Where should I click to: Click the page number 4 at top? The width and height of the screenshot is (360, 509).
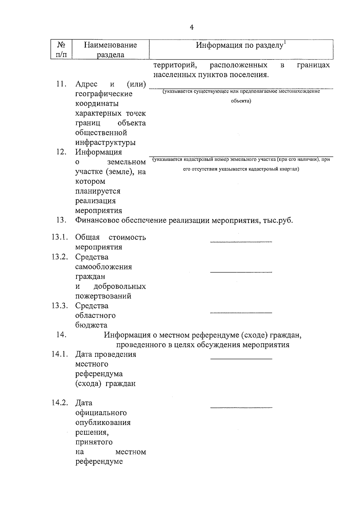[192, 27]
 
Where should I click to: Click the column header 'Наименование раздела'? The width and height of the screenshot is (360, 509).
[110, 50]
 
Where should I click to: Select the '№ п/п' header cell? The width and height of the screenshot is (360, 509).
[61, 50]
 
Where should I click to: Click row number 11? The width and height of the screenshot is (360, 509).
[61, 84]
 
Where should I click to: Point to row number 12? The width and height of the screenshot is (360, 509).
[61, 152]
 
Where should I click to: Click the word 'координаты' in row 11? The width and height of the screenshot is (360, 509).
[97, 104]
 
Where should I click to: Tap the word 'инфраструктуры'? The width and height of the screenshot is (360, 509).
[105, 142]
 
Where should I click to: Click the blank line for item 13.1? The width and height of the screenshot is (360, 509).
[241, 241]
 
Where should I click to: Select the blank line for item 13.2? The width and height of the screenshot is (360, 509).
[241, 272]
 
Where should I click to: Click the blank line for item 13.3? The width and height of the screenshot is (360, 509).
[241, 312]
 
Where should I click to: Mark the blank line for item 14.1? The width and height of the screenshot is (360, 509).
[241, 358]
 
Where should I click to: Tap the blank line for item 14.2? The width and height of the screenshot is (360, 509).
[241, 407]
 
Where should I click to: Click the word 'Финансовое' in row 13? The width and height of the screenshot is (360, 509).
[97, 220]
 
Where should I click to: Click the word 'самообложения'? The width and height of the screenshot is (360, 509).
[103, 267]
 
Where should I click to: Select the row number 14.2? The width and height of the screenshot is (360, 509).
[59, 403]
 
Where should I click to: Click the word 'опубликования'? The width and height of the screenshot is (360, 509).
[103, 423]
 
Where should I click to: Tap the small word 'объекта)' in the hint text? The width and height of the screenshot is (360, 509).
[241, 101]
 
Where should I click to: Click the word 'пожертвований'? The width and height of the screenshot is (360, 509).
[103, 296]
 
